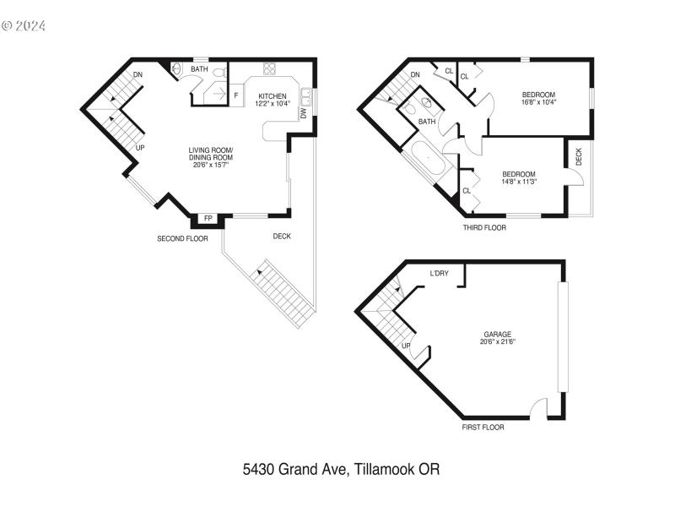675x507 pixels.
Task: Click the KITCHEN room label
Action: click(273, 95)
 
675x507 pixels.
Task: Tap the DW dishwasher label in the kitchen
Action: click(302, 112)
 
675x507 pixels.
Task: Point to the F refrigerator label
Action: click(236, 95)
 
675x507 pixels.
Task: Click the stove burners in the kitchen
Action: click(269, 69)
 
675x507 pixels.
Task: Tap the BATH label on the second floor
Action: click(199, 69)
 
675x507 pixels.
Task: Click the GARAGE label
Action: click(497, 334)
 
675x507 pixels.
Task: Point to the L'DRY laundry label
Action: click(439, 274)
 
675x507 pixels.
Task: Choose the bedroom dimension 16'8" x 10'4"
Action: click(540, 102)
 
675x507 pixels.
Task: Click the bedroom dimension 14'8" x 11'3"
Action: click(519, 181)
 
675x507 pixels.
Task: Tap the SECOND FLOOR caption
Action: click(182, 239)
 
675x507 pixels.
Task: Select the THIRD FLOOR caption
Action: click(484, 227)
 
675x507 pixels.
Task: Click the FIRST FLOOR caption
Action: click(483, 428)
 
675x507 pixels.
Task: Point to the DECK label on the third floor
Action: click(579, 156)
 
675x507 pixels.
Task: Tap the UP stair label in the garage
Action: click(406, 346)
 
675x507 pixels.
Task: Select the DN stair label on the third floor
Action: click(414, 74)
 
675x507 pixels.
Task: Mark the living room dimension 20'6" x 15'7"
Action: click(210, 165)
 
